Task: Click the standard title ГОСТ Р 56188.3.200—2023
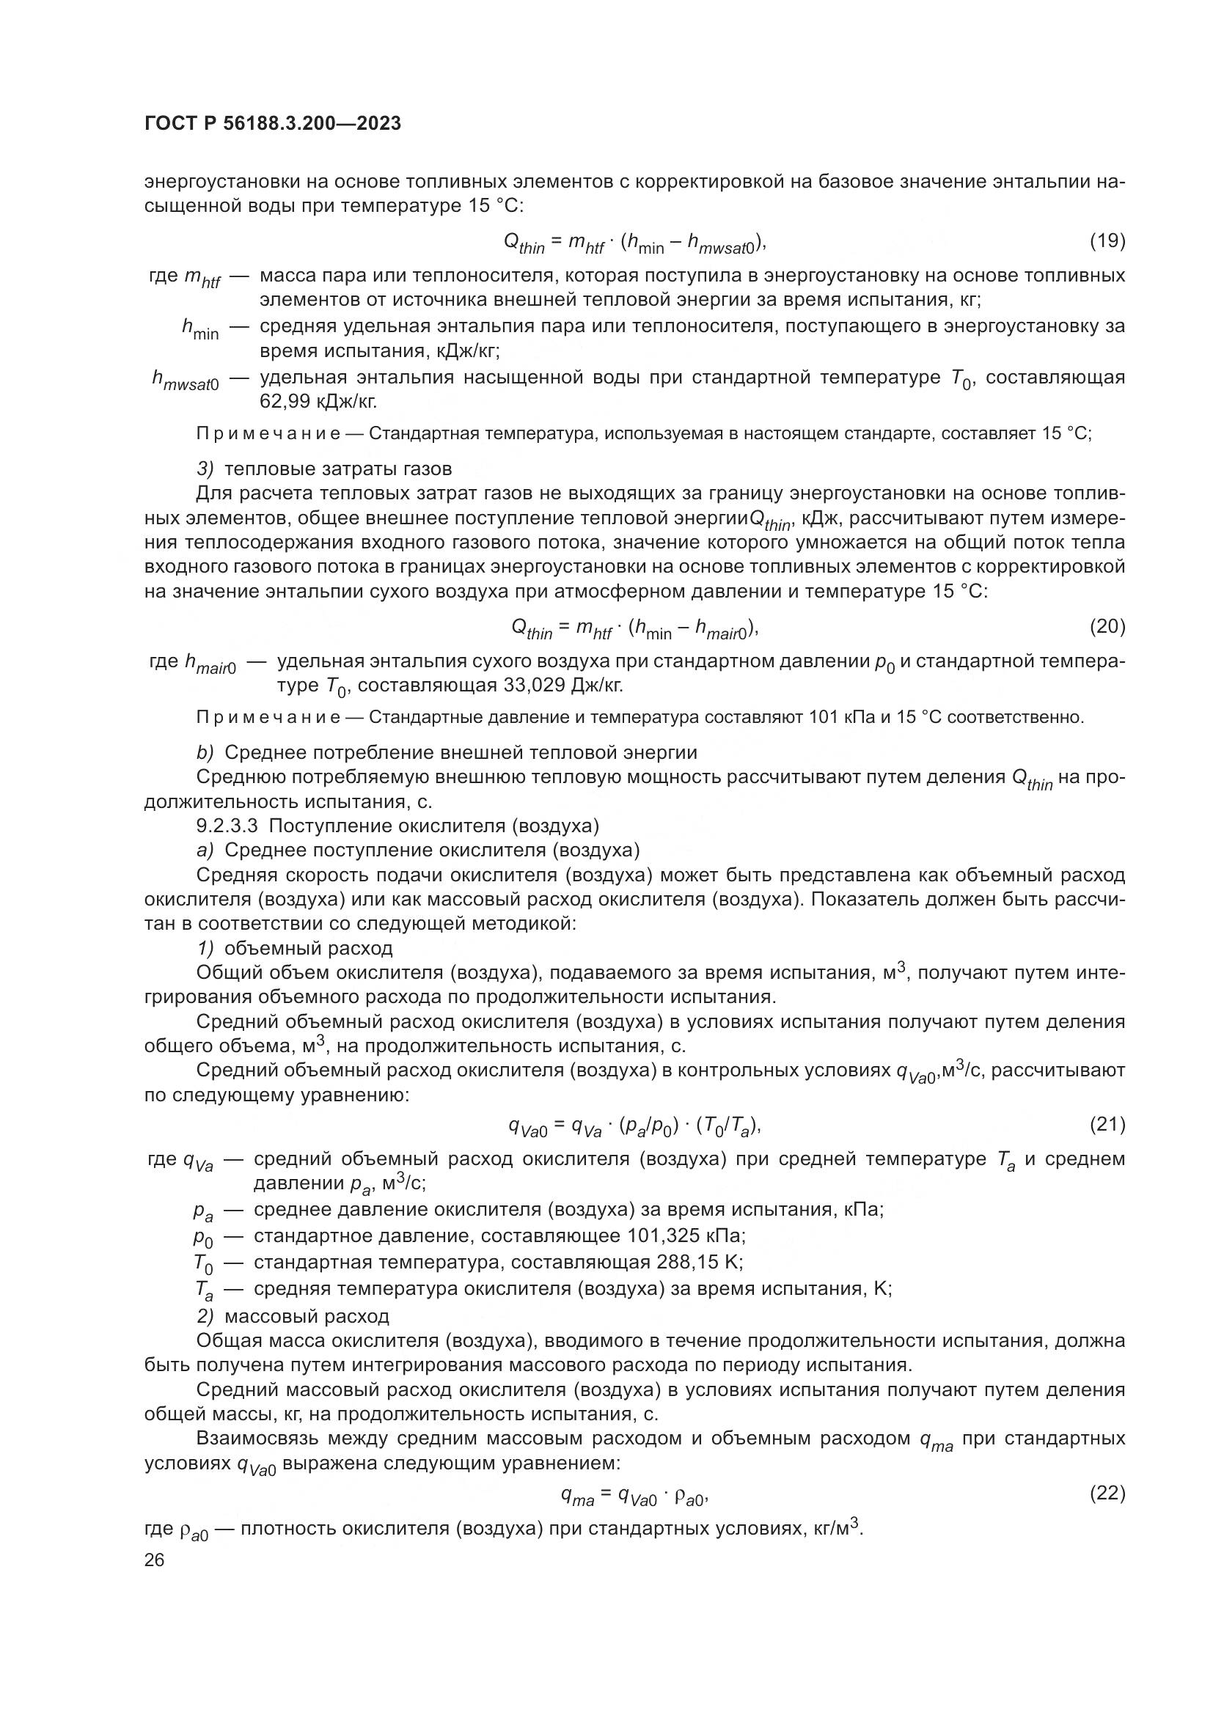(273, 123)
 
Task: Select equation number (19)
(1107, 240)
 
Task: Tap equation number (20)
(1107, 626)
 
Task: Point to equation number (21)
(1107, 1123)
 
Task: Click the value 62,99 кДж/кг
(318, 402)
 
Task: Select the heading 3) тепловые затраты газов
(324, 469)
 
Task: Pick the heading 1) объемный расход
(294, 949)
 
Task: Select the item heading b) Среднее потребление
(446, 752)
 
